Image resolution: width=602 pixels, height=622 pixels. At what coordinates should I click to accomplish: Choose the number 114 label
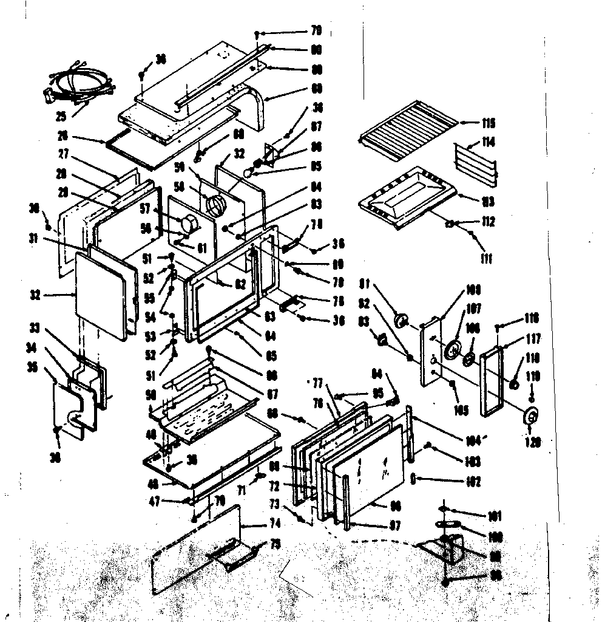pos(487,143)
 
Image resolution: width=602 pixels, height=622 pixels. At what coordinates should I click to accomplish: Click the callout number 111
pos(485,259)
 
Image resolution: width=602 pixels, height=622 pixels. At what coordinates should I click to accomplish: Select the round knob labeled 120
pos(530,418)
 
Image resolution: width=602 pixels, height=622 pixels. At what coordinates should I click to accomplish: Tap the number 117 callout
pos(533,339)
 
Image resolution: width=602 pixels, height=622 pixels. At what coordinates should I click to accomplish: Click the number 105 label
pos(462,410)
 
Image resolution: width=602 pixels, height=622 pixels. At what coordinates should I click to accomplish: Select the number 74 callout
pos(275,522)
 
